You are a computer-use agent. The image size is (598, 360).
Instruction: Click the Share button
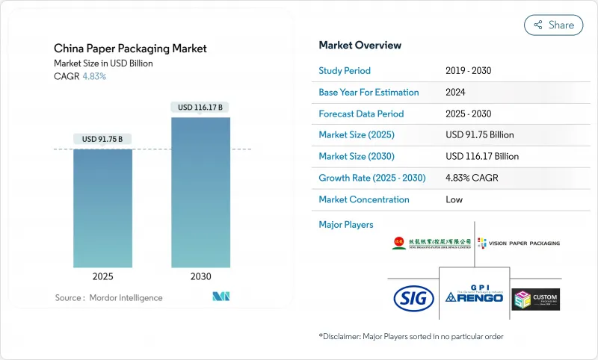554,25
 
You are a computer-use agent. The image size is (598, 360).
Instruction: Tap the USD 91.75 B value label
102,139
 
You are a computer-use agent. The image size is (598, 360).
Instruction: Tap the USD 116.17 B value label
200,108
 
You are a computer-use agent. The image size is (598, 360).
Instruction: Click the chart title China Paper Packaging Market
130,49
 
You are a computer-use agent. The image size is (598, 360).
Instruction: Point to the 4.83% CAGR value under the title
93,76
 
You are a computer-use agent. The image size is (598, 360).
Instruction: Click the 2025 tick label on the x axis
102,276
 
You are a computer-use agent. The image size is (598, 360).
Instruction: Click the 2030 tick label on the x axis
200,276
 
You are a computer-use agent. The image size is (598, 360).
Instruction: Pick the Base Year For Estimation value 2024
456,93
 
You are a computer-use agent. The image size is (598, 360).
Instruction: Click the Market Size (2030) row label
357,157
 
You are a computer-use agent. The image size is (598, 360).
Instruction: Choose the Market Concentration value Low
454,200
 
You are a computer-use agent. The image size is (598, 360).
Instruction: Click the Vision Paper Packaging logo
518,243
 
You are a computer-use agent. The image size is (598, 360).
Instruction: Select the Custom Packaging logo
535,299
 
